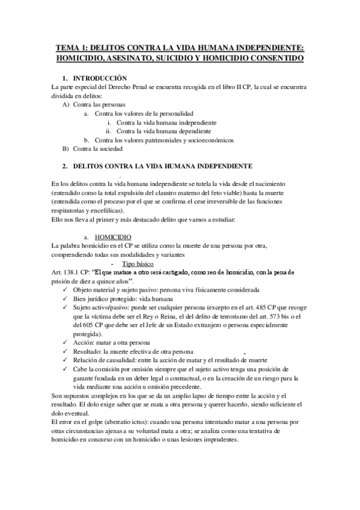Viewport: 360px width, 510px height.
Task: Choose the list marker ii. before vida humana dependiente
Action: (x=108, y=131)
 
